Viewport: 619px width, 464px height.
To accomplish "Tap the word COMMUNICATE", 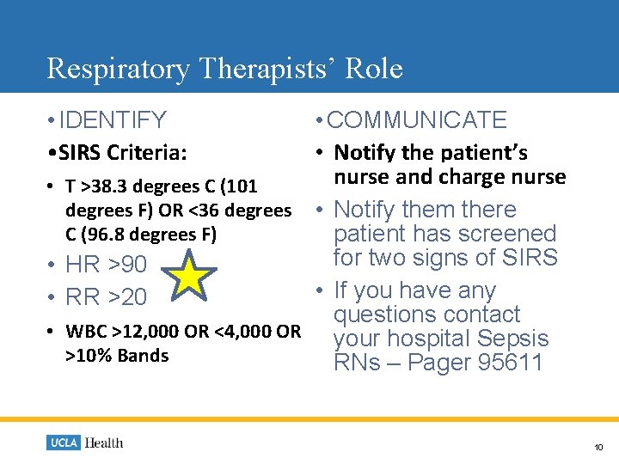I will click(417, 120).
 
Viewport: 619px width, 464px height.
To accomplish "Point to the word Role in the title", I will click(374, 68).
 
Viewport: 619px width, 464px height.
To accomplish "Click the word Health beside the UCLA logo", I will click(104, 443).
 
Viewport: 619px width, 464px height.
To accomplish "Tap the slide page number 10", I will click(598, 447).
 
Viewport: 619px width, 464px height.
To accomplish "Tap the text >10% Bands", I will click(117, 356).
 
